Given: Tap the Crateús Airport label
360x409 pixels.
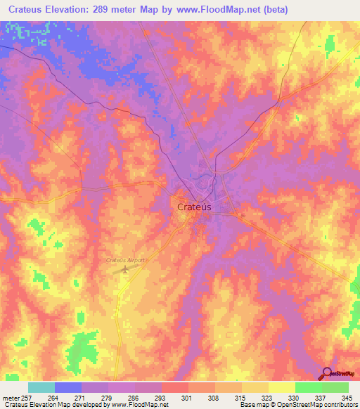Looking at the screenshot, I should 125,260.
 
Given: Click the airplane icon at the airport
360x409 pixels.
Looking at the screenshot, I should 126,269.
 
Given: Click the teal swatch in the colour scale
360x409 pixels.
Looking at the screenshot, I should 41,387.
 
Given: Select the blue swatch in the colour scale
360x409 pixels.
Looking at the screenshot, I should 67,387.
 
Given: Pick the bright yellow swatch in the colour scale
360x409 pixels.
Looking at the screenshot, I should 281,387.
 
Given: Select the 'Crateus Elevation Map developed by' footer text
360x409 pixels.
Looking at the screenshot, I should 49,405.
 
